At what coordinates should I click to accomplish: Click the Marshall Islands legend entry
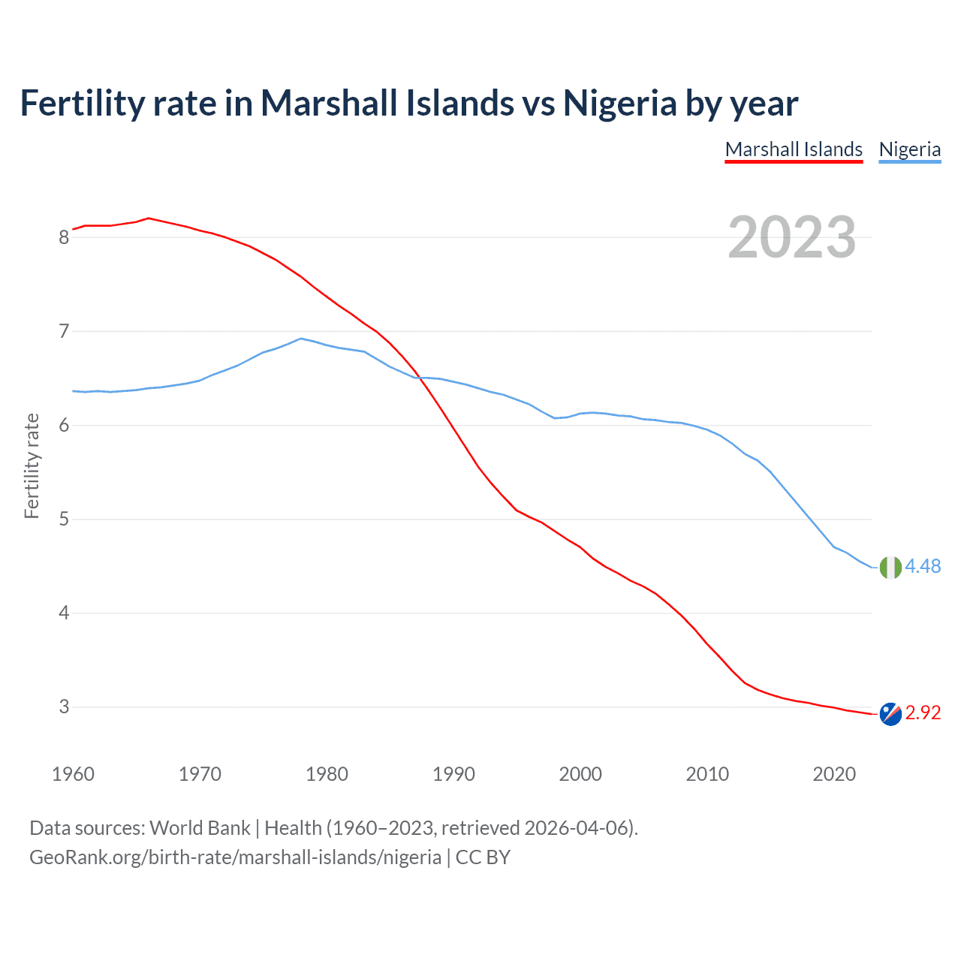[x=794, y=149]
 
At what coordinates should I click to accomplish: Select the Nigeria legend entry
[x=909, y=149]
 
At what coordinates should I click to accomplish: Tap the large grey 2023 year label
[x=791, y=237]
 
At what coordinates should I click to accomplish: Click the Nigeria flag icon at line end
[x=890, y=568]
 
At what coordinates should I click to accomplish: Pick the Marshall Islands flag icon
[x=890, y=713]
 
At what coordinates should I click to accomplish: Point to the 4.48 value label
[x=923, y=567]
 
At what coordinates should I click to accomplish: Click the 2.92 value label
[x=923, y=712]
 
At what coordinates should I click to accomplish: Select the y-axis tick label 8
[x=64, y=238]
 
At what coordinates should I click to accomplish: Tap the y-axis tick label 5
[x=64, y=520]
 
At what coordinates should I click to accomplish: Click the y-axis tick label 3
[x=64, y=707]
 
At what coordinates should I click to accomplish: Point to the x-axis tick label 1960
[x=73, y=774]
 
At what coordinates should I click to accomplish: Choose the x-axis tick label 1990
[x=453, y=774]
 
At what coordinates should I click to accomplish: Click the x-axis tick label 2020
[x=834, y=774]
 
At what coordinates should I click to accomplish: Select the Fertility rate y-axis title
[x=32, y=465]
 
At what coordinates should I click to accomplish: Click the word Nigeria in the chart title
[x=619, y=103]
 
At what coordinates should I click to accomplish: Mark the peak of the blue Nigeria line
[x=301, y=339]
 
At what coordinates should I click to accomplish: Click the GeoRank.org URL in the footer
[x=235, y=857]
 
